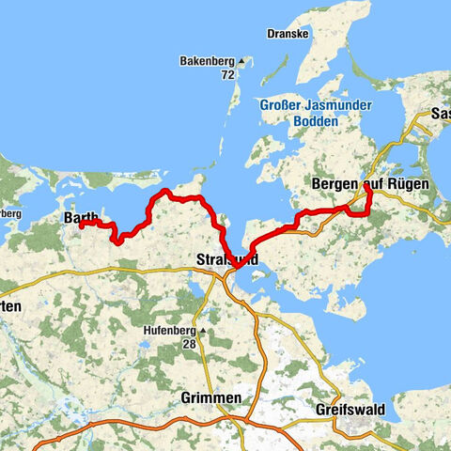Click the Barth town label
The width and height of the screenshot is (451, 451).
80,218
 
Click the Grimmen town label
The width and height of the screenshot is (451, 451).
210,398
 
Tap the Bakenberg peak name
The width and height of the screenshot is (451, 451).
207,62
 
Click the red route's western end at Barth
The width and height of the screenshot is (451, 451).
81,225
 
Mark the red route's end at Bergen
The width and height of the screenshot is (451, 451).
365,185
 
